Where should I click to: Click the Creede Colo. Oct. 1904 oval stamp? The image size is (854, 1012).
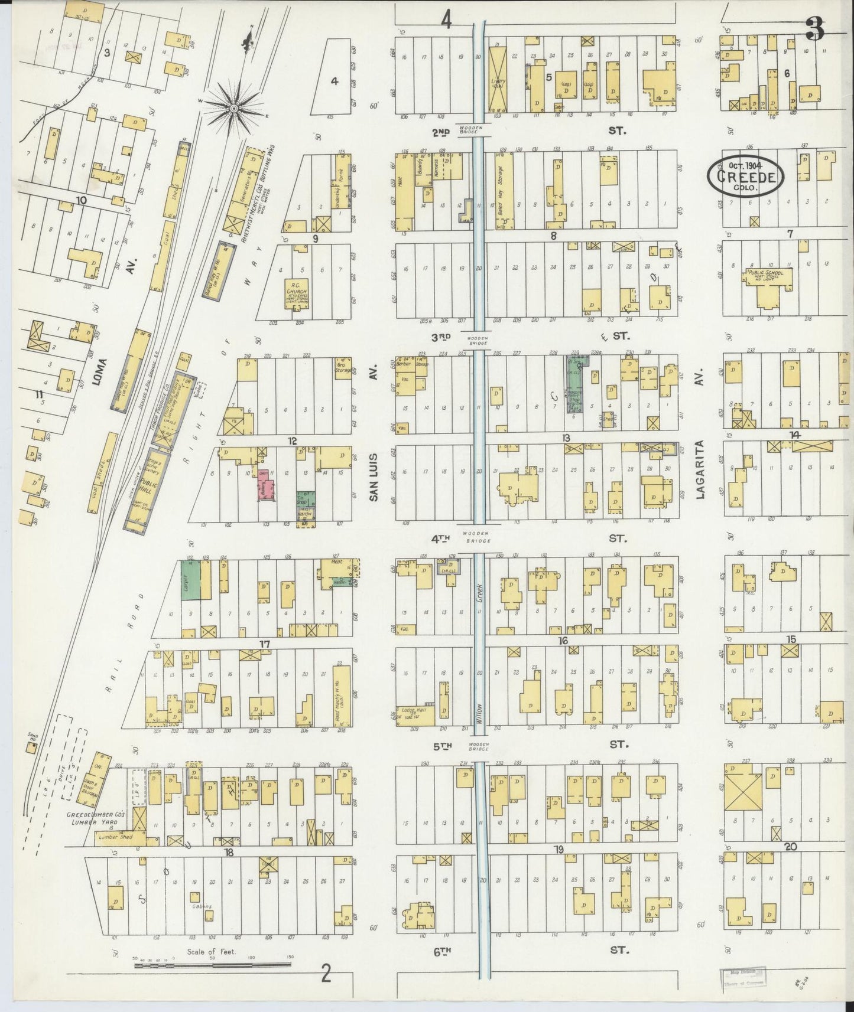click(746, 176)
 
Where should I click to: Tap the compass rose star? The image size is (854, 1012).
click(234, 108)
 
